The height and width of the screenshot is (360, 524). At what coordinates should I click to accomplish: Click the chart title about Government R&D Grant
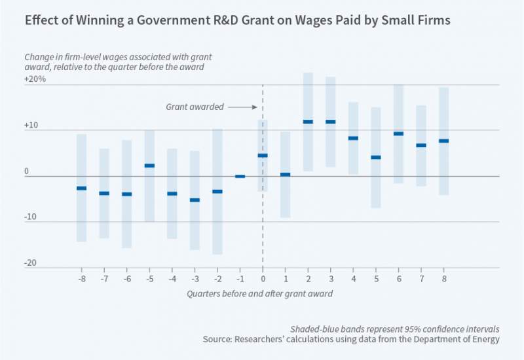click(237, 20)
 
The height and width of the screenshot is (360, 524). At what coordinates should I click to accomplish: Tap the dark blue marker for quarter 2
click(308, 122)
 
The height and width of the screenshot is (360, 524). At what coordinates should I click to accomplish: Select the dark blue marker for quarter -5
click(149, 166)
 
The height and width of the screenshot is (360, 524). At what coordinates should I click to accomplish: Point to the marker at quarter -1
click(240, 176)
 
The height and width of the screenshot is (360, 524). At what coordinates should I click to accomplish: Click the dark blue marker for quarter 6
click(398, 134)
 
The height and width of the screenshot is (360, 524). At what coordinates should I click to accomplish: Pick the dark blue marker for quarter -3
click(195, 200)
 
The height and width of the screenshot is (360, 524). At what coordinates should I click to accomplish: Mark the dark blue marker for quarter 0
click(263, 155)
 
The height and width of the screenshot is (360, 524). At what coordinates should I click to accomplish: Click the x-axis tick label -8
click(81, 279)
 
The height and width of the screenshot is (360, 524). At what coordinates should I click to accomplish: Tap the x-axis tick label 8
click(443, 279)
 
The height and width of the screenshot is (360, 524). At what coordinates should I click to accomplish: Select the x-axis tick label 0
click(263, 279)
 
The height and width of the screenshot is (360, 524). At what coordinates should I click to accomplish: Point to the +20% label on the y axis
click(36, 79)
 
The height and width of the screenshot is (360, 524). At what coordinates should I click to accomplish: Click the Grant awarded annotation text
click(195, 107)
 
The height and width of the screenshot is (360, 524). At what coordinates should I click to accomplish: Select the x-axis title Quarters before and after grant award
click(259, 294)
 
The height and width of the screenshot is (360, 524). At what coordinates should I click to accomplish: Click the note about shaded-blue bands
click(395, 329)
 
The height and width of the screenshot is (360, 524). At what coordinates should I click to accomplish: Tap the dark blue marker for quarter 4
click(353, 138)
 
